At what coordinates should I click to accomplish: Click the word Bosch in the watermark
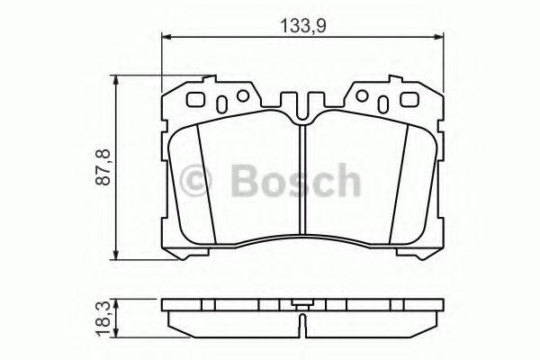click(294, 181)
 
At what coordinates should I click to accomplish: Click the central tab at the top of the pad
click(302, 101)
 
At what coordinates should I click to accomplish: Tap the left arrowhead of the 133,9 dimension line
click(166, 37)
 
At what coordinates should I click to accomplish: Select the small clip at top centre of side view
click(302, 303)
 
